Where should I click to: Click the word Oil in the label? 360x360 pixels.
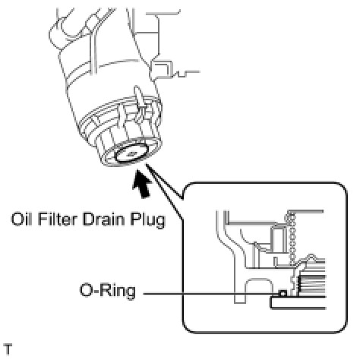coord(21,219)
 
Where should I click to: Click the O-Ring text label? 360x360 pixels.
coord(108,292)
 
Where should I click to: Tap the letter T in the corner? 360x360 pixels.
coord(8,349)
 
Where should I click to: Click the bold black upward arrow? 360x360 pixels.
coord(142,184)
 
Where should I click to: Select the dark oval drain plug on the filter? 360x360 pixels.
coord(131,153)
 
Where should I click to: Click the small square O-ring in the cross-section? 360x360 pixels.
coord(283,293)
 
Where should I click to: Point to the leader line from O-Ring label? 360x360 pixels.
coord(210,294)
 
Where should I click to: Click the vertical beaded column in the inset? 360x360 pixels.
coord(292,240)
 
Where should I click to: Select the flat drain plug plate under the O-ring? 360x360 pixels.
coord(298,302)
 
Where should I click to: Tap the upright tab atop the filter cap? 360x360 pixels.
coord(140,100)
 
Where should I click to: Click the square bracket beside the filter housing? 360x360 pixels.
coord(162,69)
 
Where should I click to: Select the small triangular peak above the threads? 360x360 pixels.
coord(311,257)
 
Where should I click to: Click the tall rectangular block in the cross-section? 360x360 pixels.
coord(278,239)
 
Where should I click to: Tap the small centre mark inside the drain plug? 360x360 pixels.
coord(131,153)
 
